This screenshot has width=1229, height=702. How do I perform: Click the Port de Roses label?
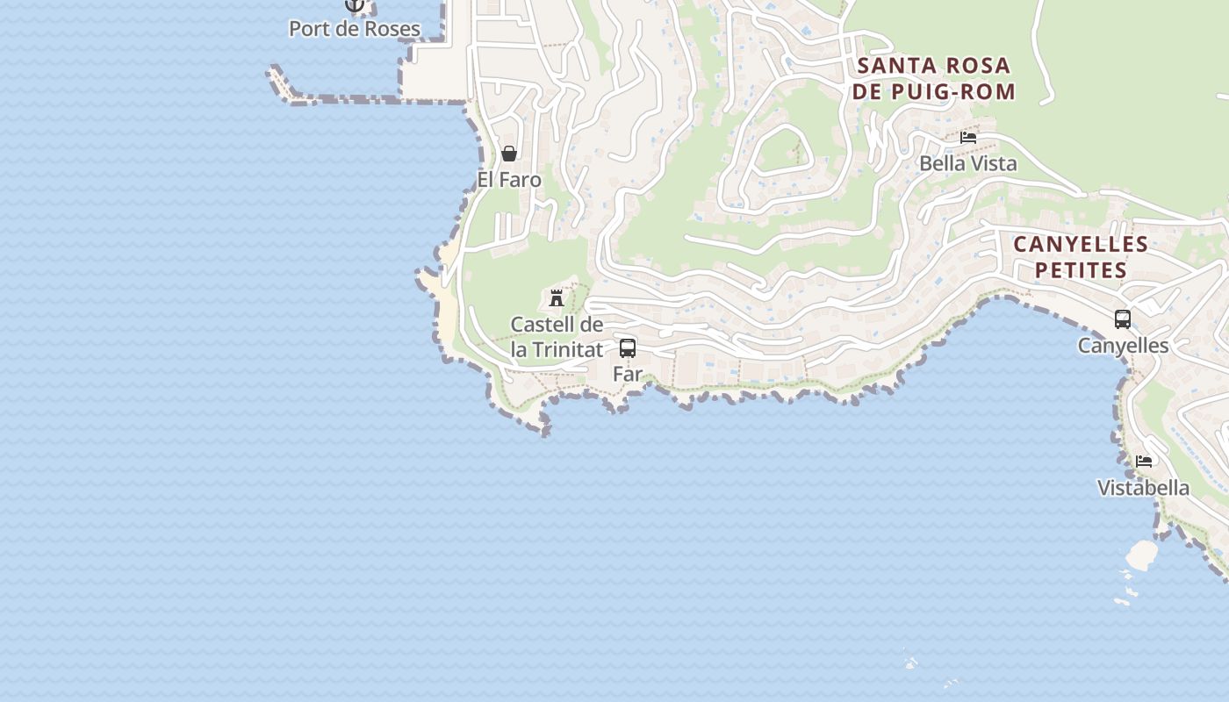pos(355,28)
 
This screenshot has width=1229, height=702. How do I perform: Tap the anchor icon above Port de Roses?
pos(355,5)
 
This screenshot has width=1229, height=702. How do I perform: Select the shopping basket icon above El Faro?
pos(509,154)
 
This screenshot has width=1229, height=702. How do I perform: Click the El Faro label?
pos(509,180)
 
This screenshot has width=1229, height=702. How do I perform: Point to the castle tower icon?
pos(557,298)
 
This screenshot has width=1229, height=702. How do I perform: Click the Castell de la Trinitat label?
pos(557,337)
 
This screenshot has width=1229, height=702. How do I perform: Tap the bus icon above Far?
pos(628,347)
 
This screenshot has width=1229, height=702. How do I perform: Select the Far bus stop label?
pos(628,374)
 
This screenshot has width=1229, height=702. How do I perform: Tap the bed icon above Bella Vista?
pos(968,138)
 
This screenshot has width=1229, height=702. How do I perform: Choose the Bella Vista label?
pos(968,163)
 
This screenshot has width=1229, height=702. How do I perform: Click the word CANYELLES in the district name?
pos(1081,244)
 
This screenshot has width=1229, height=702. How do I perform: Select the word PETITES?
pos(1081,269)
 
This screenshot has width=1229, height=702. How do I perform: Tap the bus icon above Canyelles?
pos(1123,319)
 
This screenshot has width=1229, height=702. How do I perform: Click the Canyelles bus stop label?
pos(1123,346)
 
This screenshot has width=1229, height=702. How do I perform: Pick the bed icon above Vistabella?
pos(1143,462)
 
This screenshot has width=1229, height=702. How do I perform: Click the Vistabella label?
pos(1143,488)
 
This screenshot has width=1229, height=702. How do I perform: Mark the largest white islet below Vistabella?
pos(1142,555)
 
